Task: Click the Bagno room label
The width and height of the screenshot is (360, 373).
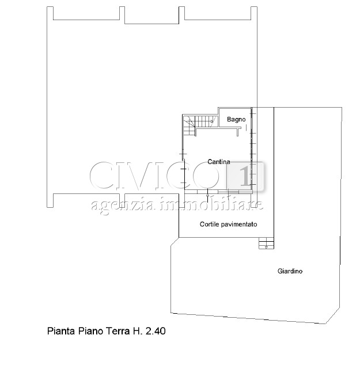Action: (x=236, y=119)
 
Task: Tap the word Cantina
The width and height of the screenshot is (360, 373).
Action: (x=218, y=162)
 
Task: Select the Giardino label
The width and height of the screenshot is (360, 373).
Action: (x=290, y=271)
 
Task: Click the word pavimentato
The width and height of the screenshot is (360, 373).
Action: (x=239, y=224)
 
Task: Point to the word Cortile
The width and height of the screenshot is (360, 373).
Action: (x=209, y=224)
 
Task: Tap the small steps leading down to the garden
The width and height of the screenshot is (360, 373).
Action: (x=266, y=243)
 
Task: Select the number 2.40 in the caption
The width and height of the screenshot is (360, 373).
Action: (x=156, y=331)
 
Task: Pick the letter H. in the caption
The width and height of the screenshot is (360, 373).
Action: (x=138, y=331)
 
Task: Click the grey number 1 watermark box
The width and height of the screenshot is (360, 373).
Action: (x=245, y=176)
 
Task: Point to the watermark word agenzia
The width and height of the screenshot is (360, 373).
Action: (x=123, y=205)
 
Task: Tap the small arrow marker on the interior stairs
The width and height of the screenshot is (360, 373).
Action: (x=211, y=121)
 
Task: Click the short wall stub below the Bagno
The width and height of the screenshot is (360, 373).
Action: (x=238, y=132)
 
